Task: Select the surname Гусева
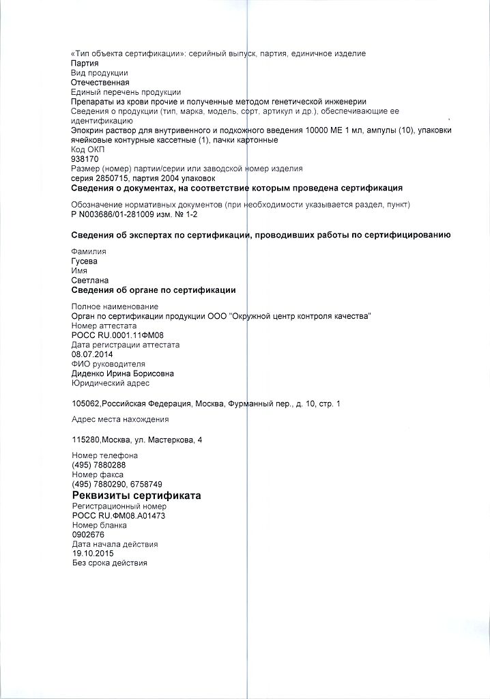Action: pos(85,261)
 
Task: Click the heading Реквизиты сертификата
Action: pos(136,495)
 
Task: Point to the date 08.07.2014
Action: pos(92,354)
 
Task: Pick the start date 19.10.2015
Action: pos(92,554)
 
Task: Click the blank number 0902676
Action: pos(87,534)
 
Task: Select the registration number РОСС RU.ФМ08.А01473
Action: pos(118,515)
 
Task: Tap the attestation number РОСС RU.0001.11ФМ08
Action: pos(117,335)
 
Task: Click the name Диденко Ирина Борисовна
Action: pos(122,373)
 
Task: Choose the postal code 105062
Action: pos(85,403)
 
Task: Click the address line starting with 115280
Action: pos(136,440)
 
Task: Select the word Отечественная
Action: pos(100,82)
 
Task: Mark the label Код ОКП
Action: pos(87,149)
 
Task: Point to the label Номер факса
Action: pos(97,474)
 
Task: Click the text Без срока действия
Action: pos(109,563)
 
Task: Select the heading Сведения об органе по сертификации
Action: pos(154,290)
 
